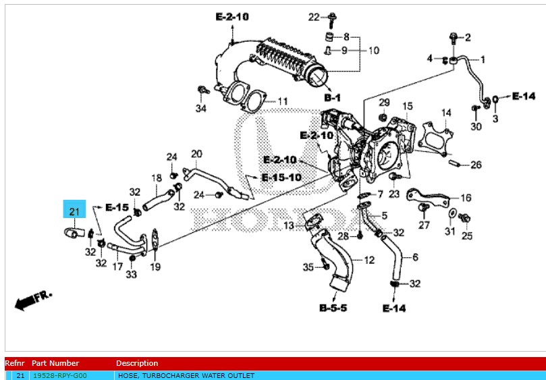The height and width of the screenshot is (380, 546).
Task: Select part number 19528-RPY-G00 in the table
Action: (x=59, y=375)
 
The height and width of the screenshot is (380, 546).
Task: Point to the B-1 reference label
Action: (x=332, y=98)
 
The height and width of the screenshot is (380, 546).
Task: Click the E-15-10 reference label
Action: (x=282, y=178)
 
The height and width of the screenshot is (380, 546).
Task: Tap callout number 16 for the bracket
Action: (x=466, y=198)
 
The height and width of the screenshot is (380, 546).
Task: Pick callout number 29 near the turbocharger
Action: (x=384, y=102)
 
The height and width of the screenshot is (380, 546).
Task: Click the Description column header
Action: (x=137, y=363)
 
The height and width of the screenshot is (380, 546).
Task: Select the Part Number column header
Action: (x=55, y=363)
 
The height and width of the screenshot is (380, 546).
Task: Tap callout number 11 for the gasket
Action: (x=283, y=102)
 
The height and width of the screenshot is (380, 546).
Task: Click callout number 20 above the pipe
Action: (x=197, y=154)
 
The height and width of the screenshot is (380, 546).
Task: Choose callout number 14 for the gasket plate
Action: (x=446, y=112)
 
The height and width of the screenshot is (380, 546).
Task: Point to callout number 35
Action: (x=308, y=268)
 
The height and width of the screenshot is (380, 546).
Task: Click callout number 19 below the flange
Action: (x=155, y=267)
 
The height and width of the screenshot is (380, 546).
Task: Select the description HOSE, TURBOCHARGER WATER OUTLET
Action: (x=186, y=375)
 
